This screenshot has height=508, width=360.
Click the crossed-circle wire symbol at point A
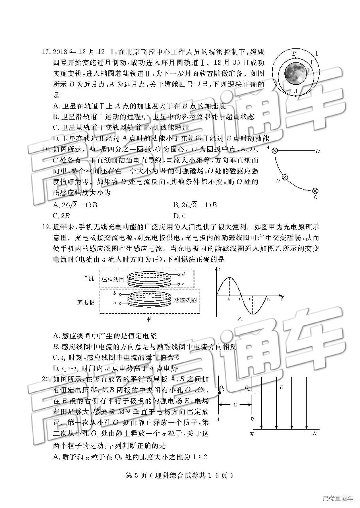[275, 151]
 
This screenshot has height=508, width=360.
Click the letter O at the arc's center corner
[318, 152]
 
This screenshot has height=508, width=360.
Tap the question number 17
[47, 52]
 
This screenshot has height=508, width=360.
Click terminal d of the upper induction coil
[183, 275]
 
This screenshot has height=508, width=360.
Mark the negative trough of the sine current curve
[253, 314]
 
